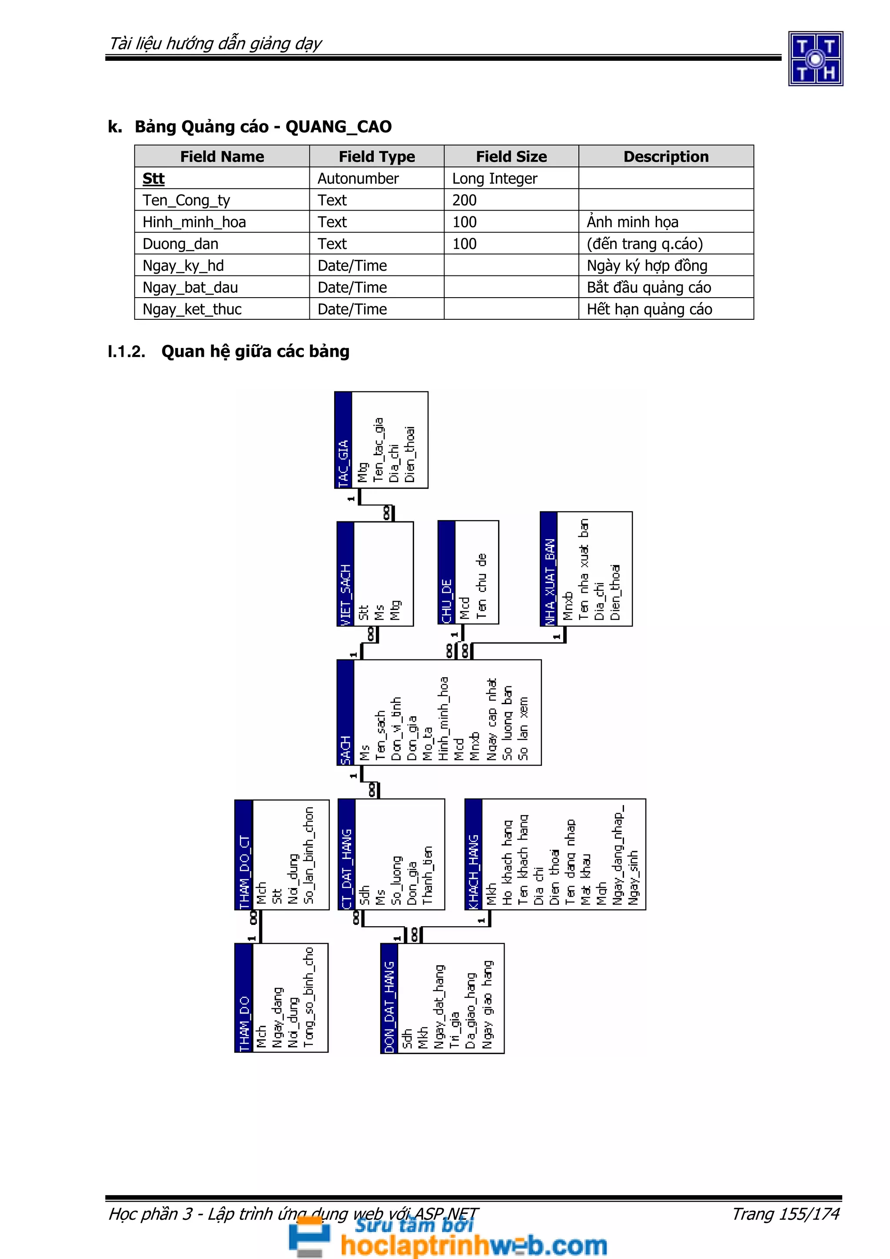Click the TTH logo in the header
(815, 59)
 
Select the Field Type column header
(377, 157)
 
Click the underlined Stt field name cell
(153, 179)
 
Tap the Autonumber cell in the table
(358, 179)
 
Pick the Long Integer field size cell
(495, 179)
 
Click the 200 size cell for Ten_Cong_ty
(465, 200)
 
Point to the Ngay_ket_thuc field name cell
(192, 309)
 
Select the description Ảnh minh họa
(632, 222)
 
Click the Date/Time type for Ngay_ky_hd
(352, 266)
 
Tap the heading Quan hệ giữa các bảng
(255, 351)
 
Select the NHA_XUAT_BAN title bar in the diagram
(549, 569)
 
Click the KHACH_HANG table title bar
(473, 854)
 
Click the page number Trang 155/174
(785, 1214)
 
